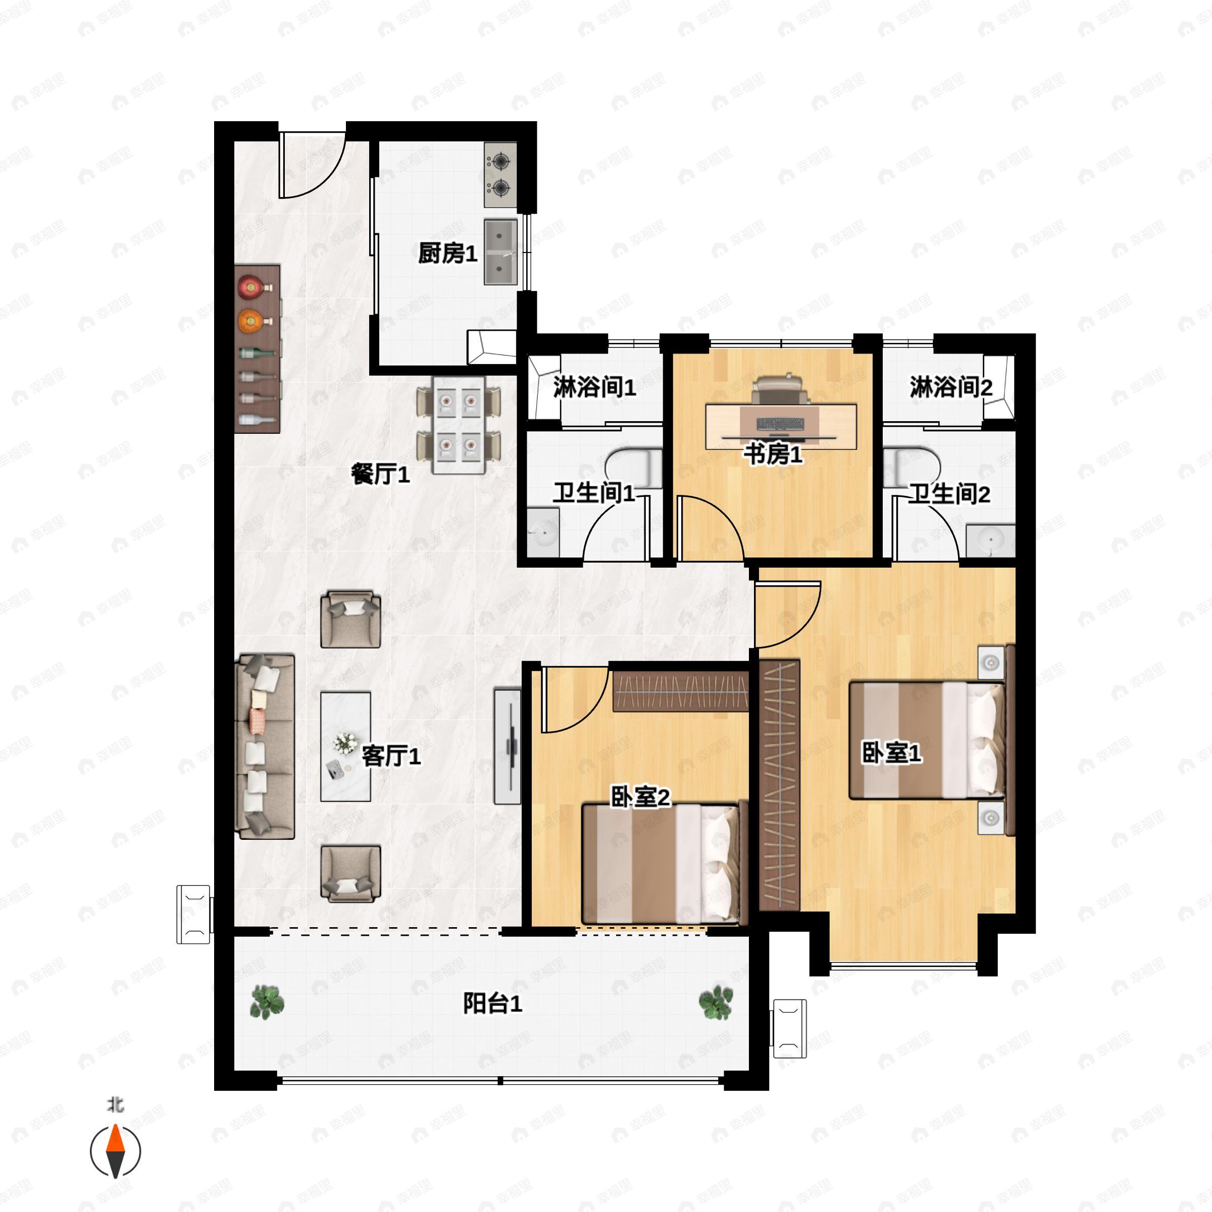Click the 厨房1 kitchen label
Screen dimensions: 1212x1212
tap(447, 254)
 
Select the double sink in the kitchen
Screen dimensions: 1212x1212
tap(500, 251)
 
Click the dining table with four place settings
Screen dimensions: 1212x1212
tap(459, 425)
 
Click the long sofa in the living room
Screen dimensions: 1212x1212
tap(265, 746)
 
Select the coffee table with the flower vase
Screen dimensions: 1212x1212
tap(345, 746)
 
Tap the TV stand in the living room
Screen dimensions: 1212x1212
tap(508, 746)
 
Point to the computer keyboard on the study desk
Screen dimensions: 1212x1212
tap(780, 424)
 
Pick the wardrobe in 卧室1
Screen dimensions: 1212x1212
tap(780, 785)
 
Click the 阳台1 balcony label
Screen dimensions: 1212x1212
tap(492, 1004)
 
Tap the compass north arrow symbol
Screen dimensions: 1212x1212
tap(116, 1151)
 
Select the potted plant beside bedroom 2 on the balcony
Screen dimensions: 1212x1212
tap(716, 1002)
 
